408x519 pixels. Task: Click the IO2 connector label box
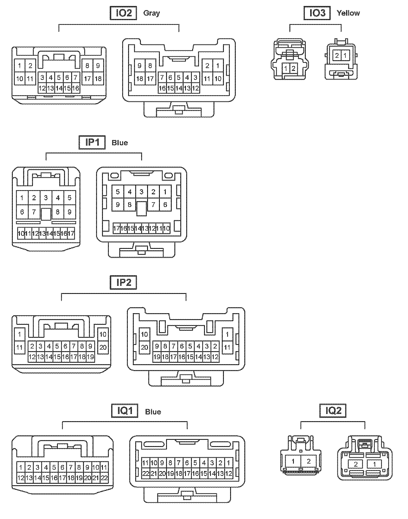tap(123, 13)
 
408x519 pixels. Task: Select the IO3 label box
tap(317, 13)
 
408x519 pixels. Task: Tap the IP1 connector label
tap(92, 142)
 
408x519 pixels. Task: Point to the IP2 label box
tap(123, 282)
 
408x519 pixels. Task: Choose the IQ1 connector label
tap(125, 411)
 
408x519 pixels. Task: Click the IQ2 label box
tap(333, 411)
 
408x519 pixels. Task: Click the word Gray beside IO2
tap(151, 13)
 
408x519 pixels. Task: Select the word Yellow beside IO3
tap(348, 13)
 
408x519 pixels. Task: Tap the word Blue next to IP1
tap(119, 143)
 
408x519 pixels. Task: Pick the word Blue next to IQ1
tap(153, 412)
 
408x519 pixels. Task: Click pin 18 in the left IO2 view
tap(98, 79)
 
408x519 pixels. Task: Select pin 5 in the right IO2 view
tap(179, 78)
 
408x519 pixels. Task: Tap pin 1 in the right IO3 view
tap(345, 55)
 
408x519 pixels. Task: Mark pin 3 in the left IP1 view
tap(46, 198)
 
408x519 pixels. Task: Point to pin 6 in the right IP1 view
tap(165, 205)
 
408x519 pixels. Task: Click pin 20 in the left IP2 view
tap(103, 347)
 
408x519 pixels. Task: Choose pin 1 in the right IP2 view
tap(227, 335)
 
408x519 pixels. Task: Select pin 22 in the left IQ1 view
tap(104, 478)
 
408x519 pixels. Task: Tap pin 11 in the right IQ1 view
tap(145, 463)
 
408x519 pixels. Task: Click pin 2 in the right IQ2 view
tap(356, 464)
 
